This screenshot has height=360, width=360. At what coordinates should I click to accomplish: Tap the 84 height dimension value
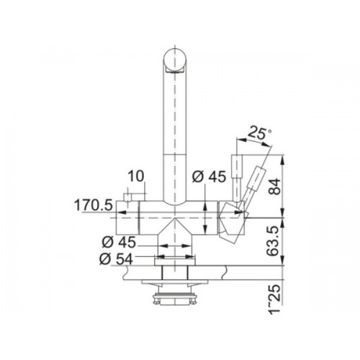tap(274, 186)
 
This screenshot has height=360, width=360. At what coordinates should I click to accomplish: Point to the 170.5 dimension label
tap(94, 205)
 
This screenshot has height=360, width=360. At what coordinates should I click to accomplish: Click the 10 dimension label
tap(136, 176)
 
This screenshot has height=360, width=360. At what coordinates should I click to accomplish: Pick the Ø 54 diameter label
tap(117, 259)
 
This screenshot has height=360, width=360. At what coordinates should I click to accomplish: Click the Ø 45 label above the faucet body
tap(209, 177)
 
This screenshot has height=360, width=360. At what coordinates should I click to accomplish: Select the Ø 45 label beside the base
tap(119, 242)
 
